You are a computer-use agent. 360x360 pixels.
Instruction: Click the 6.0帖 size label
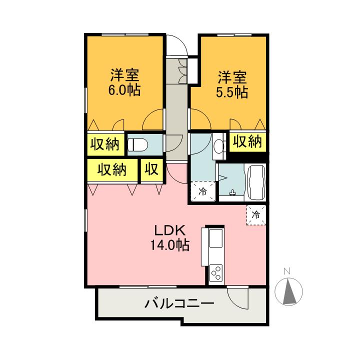125,90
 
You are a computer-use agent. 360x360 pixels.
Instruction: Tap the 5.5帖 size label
232,92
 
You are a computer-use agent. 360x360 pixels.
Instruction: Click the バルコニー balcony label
179,303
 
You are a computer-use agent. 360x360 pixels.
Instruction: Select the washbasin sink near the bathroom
219,146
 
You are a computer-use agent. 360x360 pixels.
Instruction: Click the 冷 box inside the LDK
256,215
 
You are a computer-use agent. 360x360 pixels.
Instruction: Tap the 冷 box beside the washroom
203,190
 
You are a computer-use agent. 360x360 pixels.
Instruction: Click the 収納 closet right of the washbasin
247,141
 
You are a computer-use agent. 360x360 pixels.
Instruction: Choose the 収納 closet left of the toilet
105,144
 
